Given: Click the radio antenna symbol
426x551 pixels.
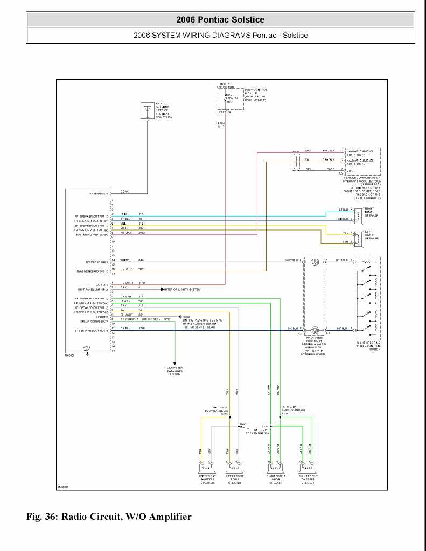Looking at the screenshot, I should (x=147, y=110).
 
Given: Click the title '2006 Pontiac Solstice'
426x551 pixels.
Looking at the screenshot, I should (x=220, y=20).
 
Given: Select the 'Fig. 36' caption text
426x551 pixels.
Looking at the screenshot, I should (x=109, y=517).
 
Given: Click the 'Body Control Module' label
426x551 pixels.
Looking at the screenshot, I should (x=256, y=95).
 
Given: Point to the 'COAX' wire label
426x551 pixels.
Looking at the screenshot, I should (x=124, y=192).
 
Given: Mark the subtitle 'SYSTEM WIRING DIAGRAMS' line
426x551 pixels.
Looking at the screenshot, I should (x=220, y=35).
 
